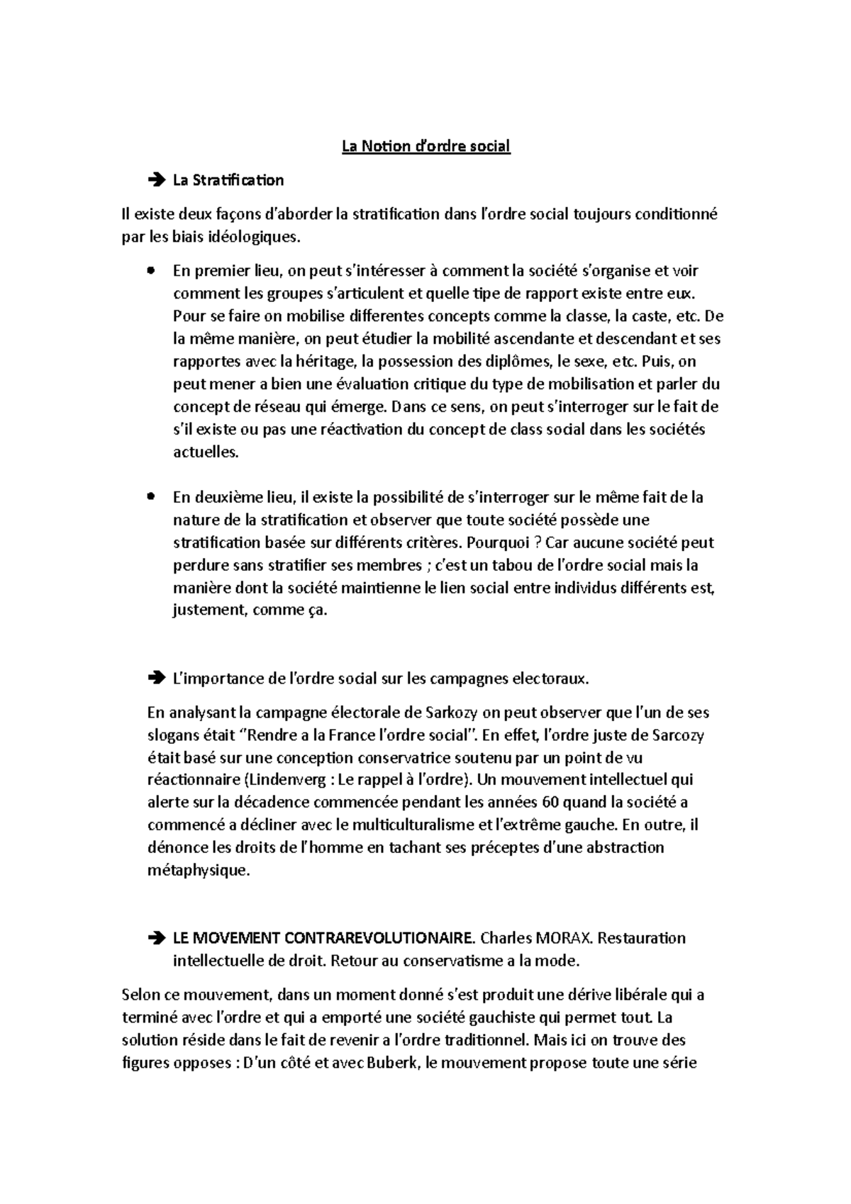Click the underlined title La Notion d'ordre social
click(x=425, y=147)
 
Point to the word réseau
click(x=285, y=407)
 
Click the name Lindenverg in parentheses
click(x=287, y=780)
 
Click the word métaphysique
click(x=199, y=871)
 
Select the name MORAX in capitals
click(x=565, y=938)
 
